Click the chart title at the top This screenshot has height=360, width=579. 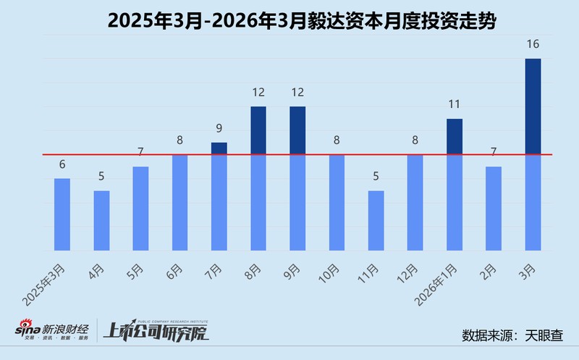pos(289,20)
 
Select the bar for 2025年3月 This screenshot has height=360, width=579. pos(62,214)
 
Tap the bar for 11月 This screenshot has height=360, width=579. pos(376,221)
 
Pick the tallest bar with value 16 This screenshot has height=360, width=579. pos(533,155)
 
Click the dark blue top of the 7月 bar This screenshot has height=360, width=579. pos(219,148)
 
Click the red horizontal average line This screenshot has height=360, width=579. pos(289,154)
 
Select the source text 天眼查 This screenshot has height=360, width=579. pos(548,336)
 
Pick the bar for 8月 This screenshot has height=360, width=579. pos(258,179)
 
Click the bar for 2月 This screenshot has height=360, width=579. pos(494,209)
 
